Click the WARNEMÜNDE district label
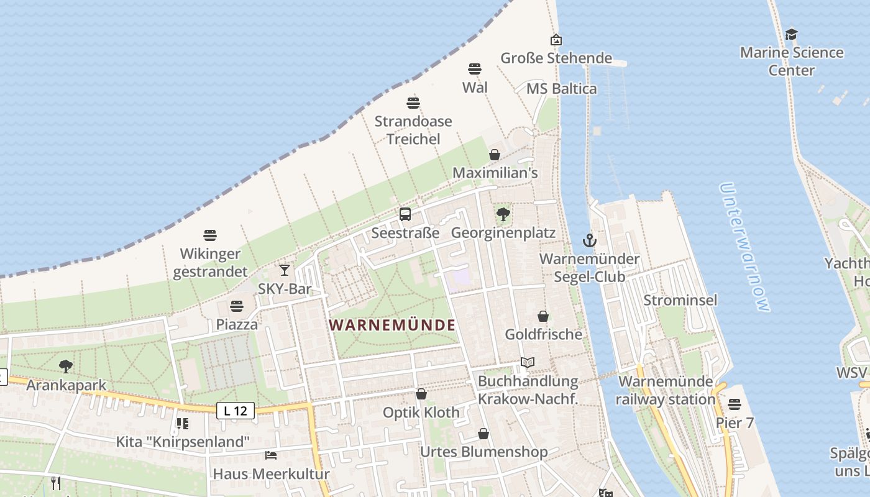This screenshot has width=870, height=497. point(392,325)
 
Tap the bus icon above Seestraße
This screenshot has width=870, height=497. point(405,214)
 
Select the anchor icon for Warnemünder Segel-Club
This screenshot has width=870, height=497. point(589,240)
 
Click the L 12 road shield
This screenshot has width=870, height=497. point(236,411)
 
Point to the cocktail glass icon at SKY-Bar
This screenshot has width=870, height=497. point(285,270)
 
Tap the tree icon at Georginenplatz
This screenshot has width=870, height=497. point(503,214)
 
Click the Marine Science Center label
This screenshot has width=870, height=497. point(792,61)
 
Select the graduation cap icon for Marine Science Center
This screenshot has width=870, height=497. point(791,34)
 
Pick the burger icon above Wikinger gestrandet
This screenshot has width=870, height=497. point(210,235)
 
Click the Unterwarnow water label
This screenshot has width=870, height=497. point(744,247)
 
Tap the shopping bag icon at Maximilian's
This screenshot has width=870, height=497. point(495,155)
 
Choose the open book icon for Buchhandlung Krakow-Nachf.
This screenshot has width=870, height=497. point(528,362)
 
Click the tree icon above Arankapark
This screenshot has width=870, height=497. point(66,367)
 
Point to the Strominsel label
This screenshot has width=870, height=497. point(680,300)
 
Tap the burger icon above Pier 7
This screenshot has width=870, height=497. point(735,404)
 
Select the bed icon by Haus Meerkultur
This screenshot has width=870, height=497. point(271,455)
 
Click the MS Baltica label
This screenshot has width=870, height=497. point(561,88)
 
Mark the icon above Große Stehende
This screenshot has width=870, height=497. point(556,40)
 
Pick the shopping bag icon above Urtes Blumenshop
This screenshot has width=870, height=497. point(483,434)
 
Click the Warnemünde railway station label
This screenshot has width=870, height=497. point(666,390)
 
